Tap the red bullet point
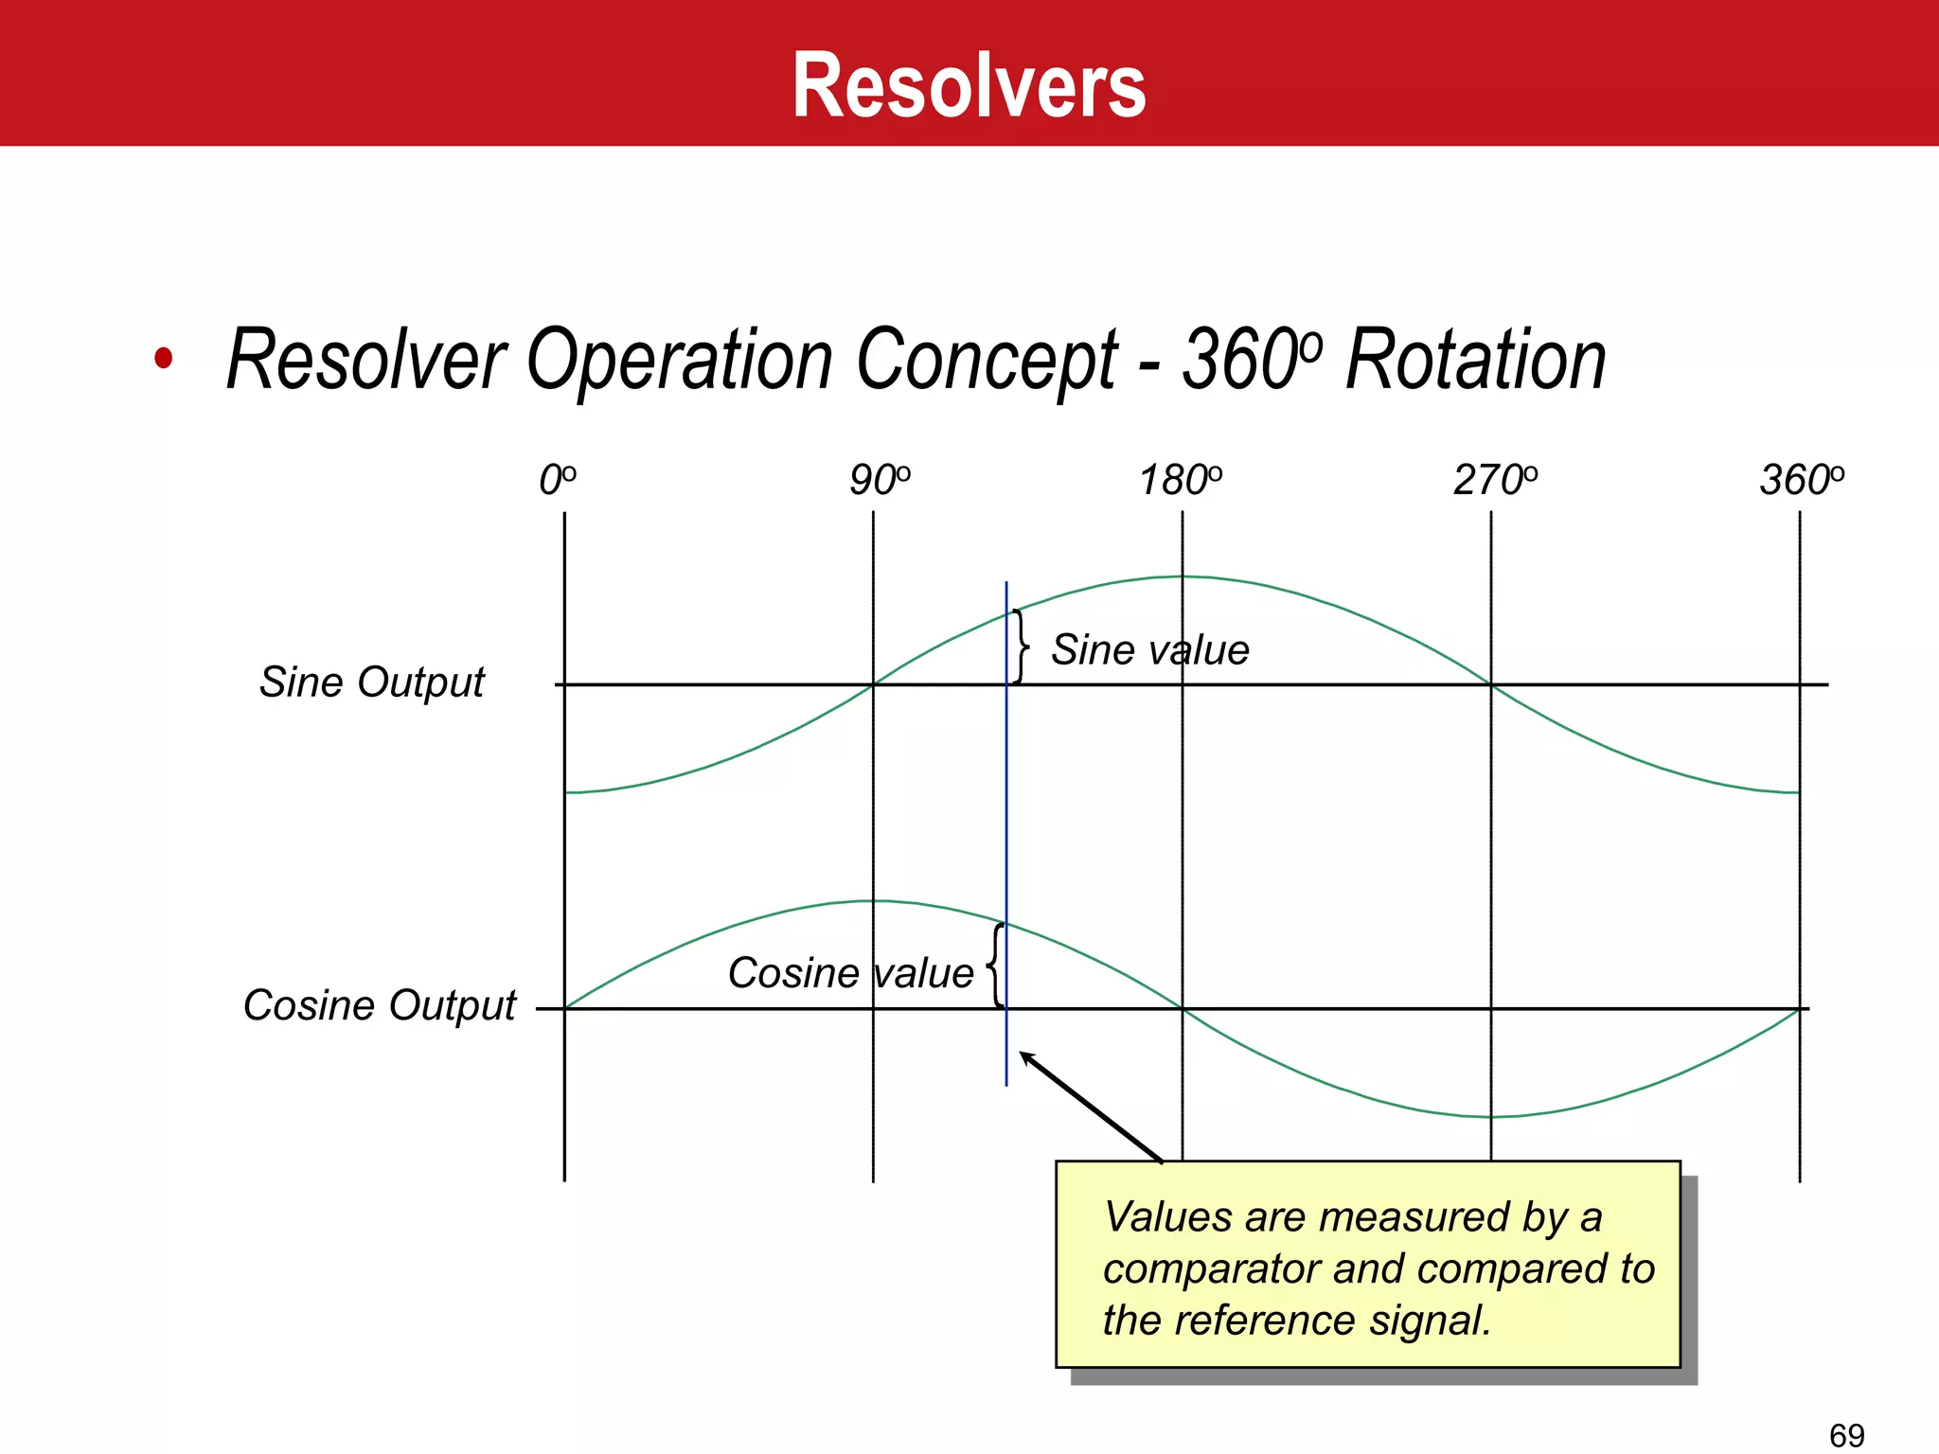(x=164, y=359)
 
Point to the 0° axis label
(x=557, y=481)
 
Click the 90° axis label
(x=879, y=481)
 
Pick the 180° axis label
(x=1180, y=481)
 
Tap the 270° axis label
(x=1495, y=481)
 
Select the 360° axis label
(x=1801, y=481)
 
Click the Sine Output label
(x=371, y=683)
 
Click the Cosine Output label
(x=379, y=1005)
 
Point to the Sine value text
(x=1149, y=650)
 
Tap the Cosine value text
(x=850, y=973)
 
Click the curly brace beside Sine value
(x=1020, y=647)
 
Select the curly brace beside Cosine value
(x=994, y=966)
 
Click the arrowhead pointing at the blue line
(x=1026, y=1057)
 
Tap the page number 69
(x=1846, y=1435)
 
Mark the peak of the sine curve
(x=1182, y=576)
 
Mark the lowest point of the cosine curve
(x=1491, y=1117)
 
